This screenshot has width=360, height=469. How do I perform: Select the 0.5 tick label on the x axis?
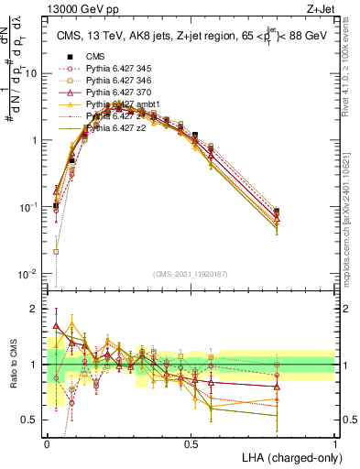(191, 442)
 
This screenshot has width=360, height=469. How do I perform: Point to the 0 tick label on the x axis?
(47, 442)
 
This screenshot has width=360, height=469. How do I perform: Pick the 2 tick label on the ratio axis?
(38, 309)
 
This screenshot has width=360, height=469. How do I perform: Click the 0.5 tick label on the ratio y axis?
(33, 420)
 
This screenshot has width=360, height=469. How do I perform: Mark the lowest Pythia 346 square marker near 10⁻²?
(56, 251)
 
